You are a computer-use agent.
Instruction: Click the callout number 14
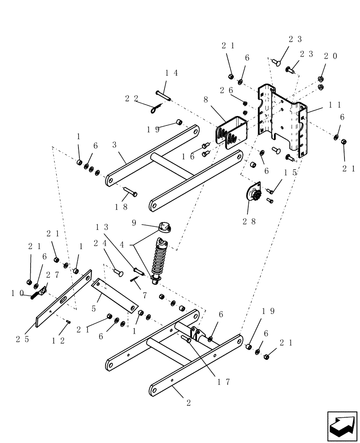tap(172, 73)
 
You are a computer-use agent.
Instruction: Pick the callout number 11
tap(335, 105)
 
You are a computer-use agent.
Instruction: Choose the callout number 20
tap(330, 56)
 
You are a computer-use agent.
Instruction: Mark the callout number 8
tap(205, 101)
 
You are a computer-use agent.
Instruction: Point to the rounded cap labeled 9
tap(164, 229)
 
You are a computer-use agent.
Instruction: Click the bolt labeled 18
tap(129, 193)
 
